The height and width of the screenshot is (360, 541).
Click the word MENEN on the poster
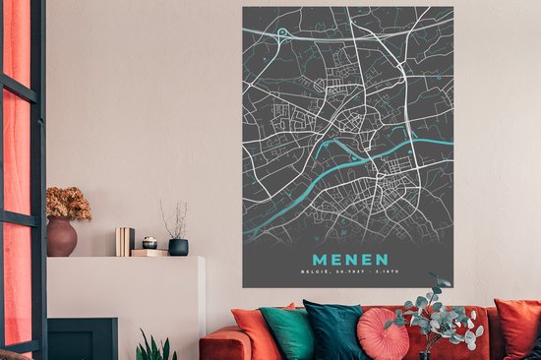coord(348,250)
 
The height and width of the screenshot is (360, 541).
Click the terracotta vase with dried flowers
coord(62,237)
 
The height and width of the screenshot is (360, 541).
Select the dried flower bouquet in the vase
coord(67,203)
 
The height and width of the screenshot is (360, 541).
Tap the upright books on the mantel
coord(125,241)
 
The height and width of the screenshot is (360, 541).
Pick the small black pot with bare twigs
coord(178,246)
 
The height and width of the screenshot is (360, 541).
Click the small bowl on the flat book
coord(150,243)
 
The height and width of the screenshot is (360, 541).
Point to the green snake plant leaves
coord(155,347)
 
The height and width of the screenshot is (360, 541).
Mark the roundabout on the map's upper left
coord(282,33)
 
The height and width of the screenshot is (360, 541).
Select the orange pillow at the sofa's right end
coord(517,327)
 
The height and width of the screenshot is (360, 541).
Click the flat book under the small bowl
coord(149,253)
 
